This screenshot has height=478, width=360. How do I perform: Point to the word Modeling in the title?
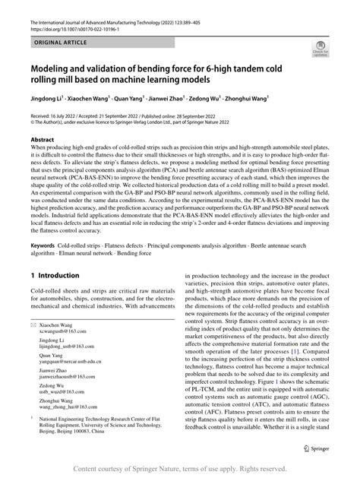(x=55, y=68)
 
